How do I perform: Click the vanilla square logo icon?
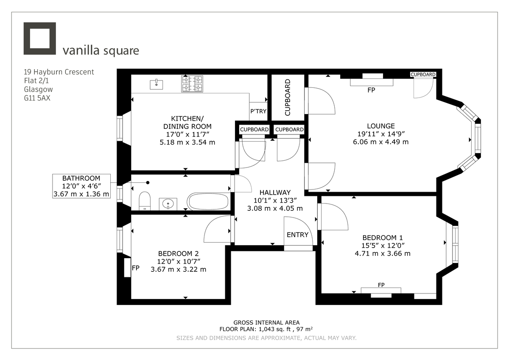39,39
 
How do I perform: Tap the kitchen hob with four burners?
192,84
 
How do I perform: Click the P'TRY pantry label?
258,111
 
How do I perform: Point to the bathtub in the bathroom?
209,201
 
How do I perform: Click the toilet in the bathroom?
145,200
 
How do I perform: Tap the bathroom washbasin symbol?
169,204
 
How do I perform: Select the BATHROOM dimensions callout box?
81,186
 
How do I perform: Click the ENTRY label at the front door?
297,235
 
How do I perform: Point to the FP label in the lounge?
372,90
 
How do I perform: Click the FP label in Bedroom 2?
136,268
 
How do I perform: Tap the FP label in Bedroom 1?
381,285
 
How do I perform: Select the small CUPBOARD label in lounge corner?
423,75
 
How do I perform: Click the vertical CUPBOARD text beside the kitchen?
288,97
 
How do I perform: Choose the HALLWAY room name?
275,192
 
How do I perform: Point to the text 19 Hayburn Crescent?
59,72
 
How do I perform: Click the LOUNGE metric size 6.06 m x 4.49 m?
380,142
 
